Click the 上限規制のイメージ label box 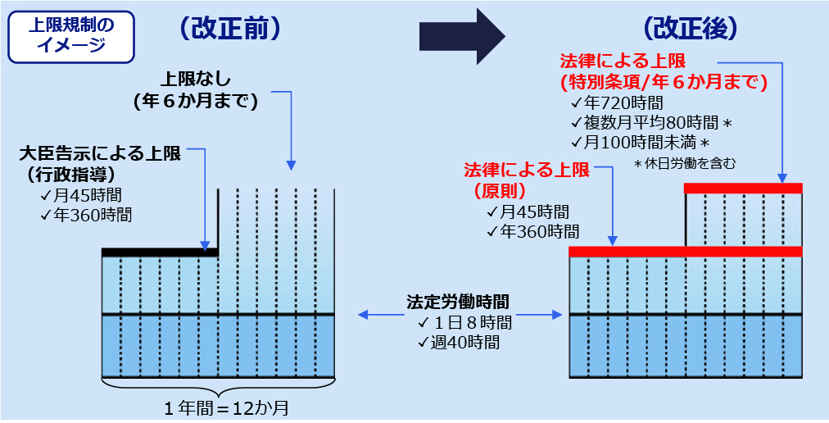click(70, 36)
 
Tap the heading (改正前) click(229, 30)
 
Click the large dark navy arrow click(463, 36)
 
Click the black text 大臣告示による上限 click(100, 154)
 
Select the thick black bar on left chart click(160, 252)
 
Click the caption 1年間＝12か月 click(226, 409)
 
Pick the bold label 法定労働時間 click(458, 302)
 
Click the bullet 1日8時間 click(464, 322)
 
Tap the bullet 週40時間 click(459, 342)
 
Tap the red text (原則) click(500, 190)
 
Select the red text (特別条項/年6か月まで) click(664, 82)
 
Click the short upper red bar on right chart click(743, 188)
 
